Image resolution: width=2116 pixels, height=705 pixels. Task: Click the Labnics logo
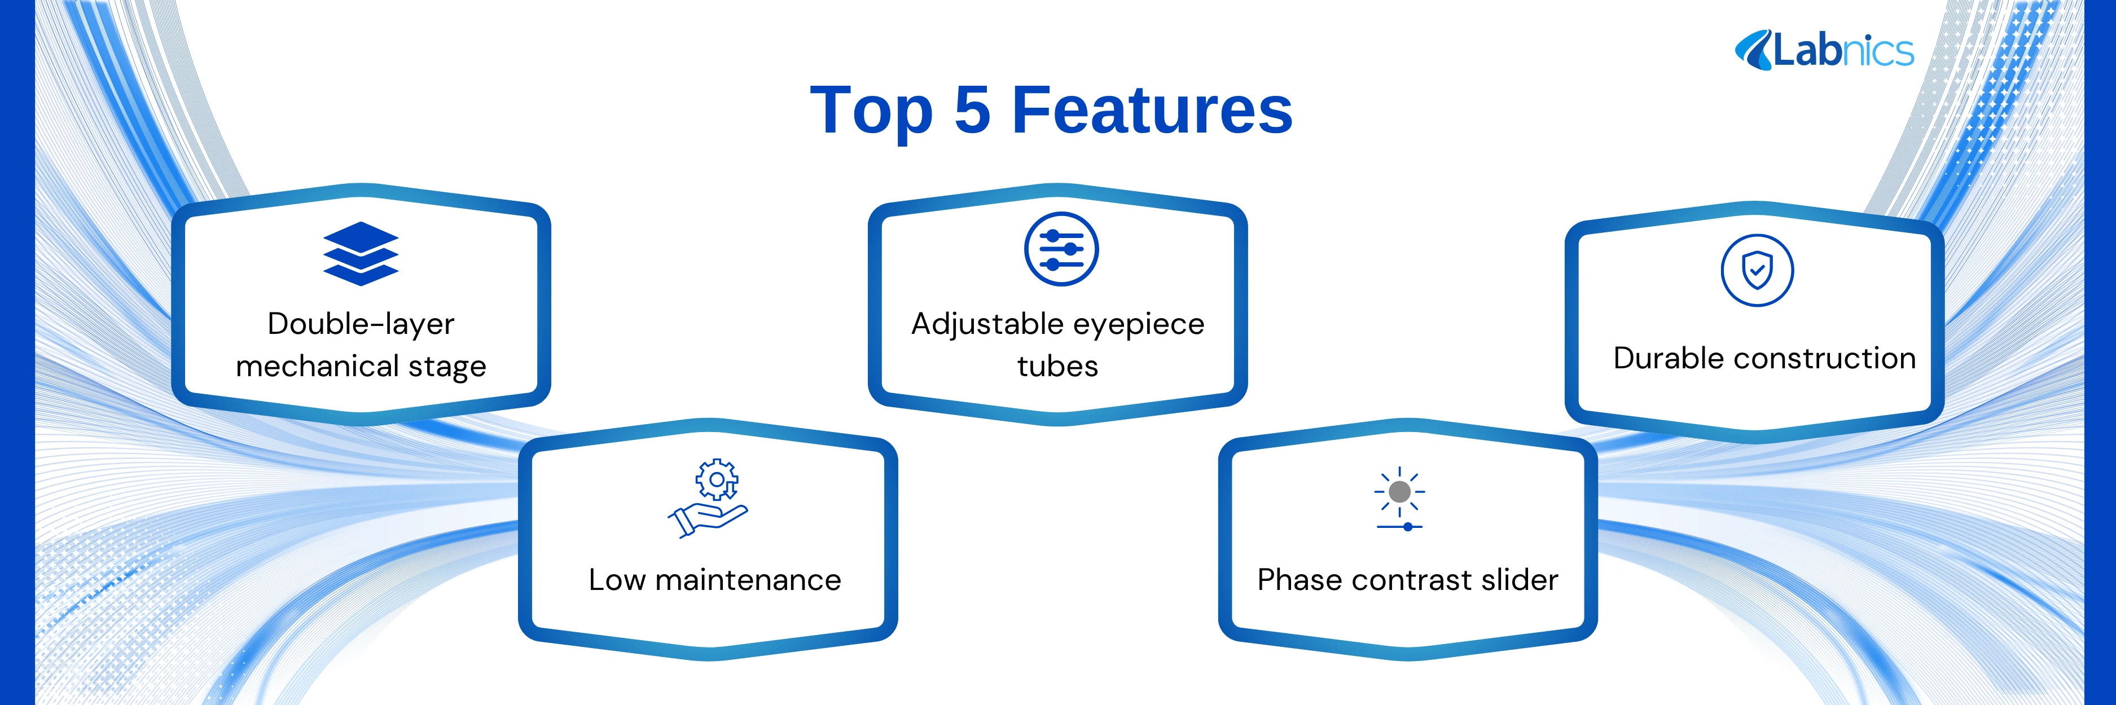[x=1824, y=50]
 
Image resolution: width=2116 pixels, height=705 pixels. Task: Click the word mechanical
[x=318, y=365]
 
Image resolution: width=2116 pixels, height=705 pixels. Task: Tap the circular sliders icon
[x=1061, y=249]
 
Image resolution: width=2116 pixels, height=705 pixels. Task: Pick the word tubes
[x=1058, y=366]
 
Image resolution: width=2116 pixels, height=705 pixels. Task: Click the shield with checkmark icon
[x=1757, y=270]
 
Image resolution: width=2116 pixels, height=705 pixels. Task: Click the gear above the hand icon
[x=716, y=479]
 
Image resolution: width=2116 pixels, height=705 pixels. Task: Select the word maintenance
[x=748, y=580]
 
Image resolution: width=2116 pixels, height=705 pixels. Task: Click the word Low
[x=618, y=580]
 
